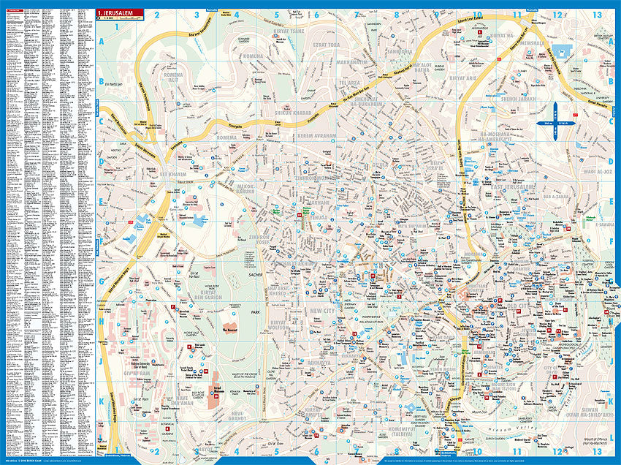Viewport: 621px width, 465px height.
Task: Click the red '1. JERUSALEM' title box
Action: coord(115,12)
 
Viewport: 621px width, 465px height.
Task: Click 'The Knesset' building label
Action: coord(229,331)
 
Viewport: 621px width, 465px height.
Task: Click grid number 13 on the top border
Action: coord(598,14)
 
